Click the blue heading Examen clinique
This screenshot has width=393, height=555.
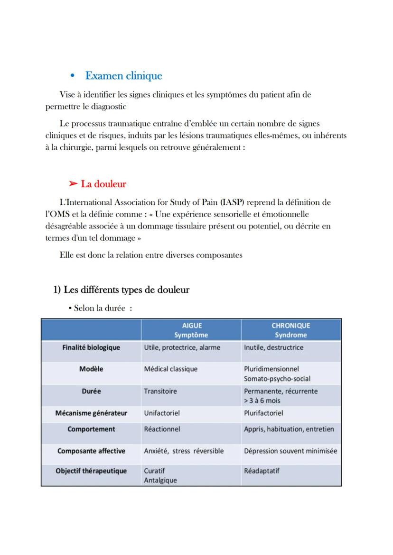tap(123, 76)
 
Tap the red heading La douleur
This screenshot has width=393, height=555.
tap(103, 184)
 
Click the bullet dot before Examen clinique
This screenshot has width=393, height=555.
tap(73, 76)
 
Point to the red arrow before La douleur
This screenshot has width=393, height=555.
tap(73, 184)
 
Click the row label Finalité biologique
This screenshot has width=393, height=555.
tap(91, 347)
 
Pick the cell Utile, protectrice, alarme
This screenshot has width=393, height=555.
tap(182, 347)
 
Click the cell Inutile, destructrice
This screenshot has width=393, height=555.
tap(273, 347)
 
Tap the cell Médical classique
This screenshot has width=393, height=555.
tap(170, 369)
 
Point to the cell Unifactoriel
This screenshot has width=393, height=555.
tap(162, 413)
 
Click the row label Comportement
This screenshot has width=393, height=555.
tap(91, 429)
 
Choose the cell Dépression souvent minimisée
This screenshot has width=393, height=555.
tap(290, 451)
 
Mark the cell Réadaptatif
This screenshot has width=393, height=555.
tap(262, 471)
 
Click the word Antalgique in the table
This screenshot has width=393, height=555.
tap(160, 480)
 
